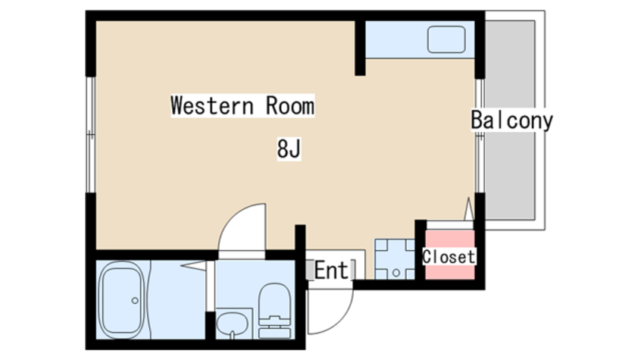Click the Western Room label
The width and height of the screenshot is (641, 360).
pos(242,105)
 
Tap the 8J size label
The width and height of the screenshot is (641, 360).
pos(289,149)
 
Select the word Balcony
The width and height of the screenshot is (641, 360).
pos(512,121)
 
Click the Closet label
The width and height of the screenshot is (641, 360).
pos(449,257)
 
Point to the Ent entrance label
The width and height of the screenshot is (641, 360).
pos(331,271)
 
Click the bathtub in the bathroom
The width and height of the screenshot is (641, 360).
pos(122,300)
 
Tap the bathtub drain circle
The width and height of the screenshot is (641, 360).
pos(135,301)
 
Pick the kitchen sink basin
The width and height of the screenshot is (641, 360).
pos(446,39)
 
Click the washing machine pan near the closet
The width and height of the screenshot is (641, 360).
pos(395,259)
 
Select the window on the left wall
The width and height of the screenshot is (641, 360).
pos(91,135)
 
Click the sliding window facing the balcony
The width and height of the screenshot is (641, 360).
pos(480,136)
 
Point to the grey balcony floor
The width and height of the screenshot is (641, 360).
pos(510,121)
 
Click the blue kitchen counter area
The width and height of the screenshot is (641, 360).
pos(420,39)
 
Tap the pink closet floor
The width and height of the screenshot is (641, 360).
pos(449,255)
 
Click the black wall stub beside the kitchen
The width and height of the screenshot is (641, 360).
pos(360,48)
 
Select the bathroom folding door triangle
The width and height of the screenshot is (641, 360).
pos(193,266)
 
